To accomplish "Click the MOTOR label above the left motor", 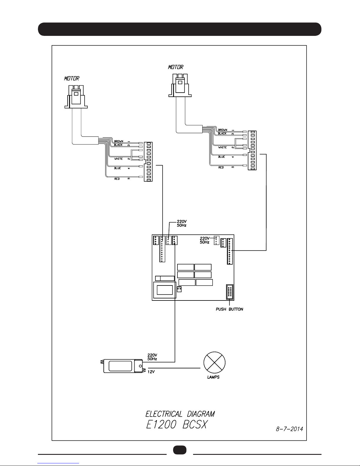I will point(72,78).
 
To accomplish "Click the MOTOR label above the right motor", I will point(175,67).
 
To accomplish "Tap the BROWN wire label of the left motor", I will point(119,141).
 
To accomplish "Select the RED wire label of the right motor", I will point(221,167).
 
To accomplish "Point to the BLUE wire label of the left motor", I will point(118,168).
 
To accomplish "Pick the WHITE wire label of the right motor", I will point(222,147).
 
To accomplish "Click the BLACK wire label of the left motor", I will point(118,145).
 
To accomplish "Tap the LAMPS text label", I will point(213,377).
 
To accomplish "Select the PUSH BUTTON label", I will point(229,309).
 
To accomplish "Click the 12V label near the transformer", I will point(151,372).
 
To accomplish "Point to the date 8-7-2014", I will point(289,429).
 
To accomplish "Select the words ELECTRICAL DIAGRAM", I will point(180,414).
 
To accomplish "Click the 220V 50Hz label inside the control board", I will point(205,240).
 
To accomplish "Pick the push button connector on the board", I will point(230,292).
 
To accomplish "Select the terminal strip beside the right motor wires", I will point(252,151).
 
